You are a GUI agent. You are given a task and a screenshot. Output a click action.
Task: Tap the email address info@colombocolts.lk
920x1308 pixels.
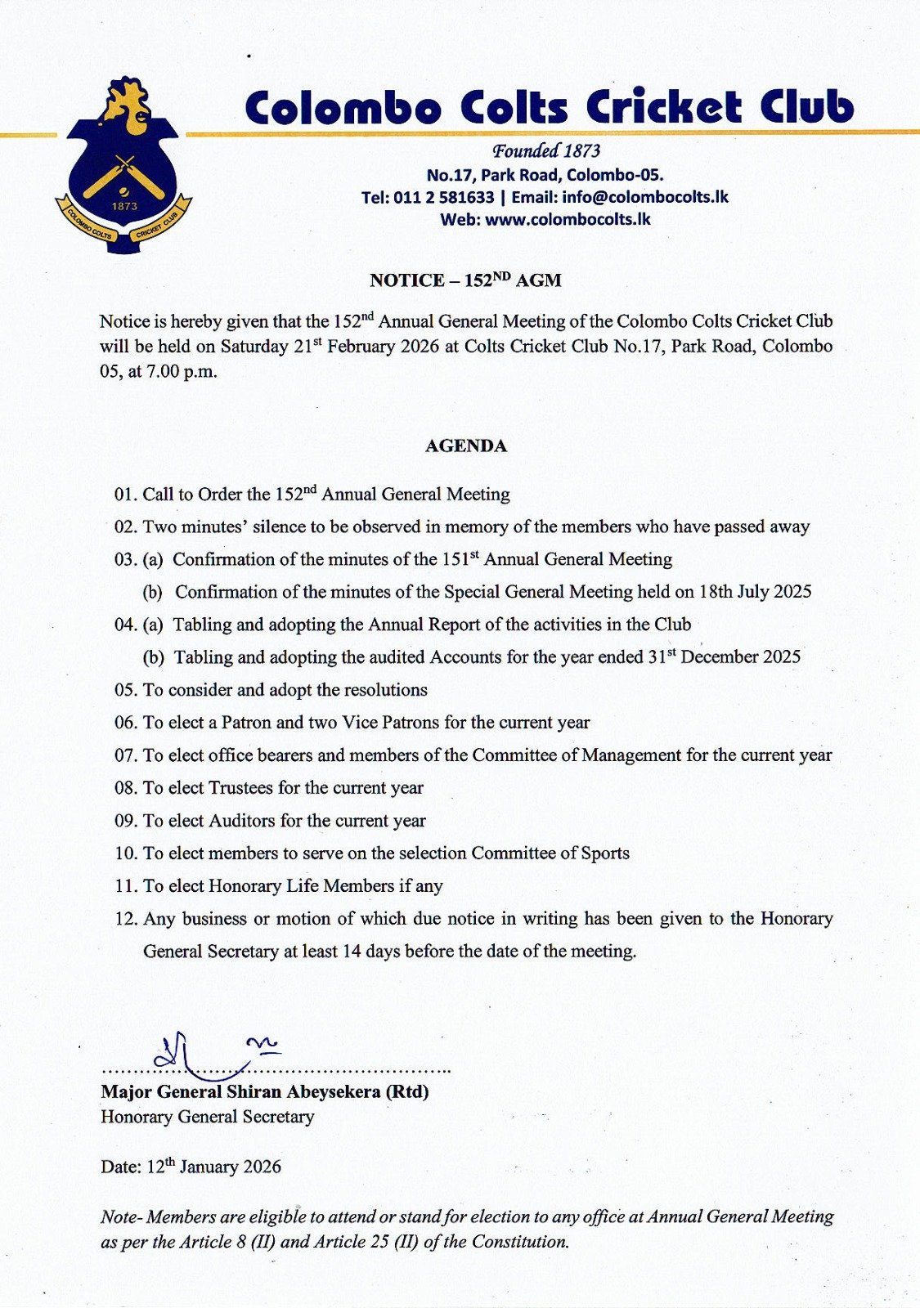pos(644,197)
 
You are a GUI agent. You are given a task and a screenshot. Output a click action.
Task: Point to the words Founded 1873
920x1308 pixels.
pos(545,151)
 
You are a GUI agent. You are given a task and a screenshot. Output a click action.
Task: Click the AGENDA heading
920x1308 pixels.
pos(465,446)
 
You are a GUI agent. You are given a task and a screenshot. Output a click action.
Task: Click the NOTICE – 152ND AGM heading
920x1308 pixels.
pos(465,280)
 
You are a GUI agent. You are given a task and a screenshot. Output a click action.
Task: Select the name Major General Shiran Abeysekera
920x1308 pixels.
pos(240,1092)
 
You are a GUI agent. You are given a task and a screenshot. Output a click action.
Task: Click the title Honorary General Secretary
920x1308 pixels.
pos(207,1118)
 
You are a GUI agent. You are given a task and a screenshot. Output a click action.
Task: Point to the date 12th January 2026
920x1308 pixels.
pos(213,1167)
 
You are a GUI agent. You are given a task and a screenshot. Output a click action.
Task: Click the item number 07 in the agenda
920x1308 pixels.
pos(125,755)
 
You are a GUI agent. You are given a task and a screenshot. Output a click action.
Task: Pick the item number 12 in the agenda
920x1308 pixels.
pos(125,919)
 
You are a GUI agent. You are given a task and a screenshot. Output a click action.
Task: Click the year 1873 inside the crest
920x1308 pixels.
pos(124,206)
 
